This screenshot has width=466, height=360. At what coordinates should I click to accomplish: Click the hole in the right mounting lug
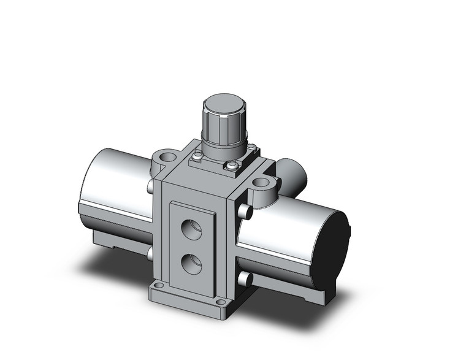click(x=262, y=182)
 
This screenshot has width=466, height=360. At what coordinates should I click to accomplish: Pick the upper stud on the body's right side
click(x=246, y=212)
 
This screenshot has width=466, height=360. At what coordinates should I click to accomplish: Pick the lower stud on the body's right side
click(x=246, y=278)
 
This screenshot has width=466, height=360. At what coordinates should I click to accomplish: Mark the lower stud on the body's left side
click(x=150, y=253)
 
